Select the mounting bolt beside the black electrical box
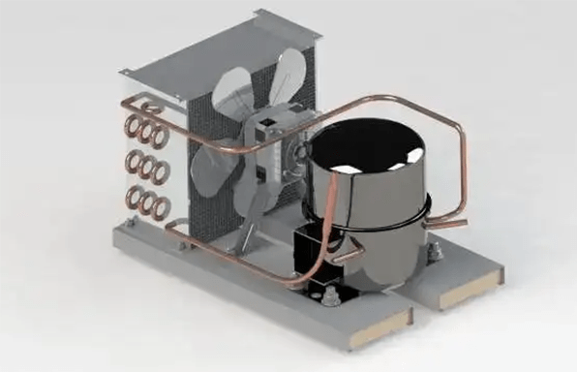coord(320,292)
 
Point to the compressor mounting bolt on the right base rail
coord(436,254)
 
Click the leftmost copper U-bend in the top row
coord(128,126)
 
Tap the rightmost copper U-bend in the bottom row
coord(161,205)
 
